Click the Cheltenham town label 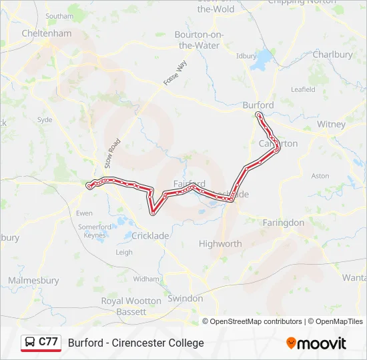(x=46, y=33)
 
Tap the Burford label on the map (x=258, y=105)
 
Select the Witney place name (x=331, y=125)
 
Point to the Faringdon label (x=283, y=223)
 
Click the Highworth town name (x=220, y=244)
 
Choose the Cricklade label (x=150, y=236)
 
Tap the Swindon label (x=185, y=299)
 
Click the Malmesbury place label (x=33, y=281)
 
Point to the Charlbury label (x=332, y=55)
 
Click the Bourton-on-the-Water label (x=199, y=40)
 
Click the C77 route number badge (x=48, y=341)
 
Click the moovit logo (x=316, y=343)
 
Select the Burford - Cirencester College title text (x=136, y=343)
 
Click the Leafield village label (x=303, y=89)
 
